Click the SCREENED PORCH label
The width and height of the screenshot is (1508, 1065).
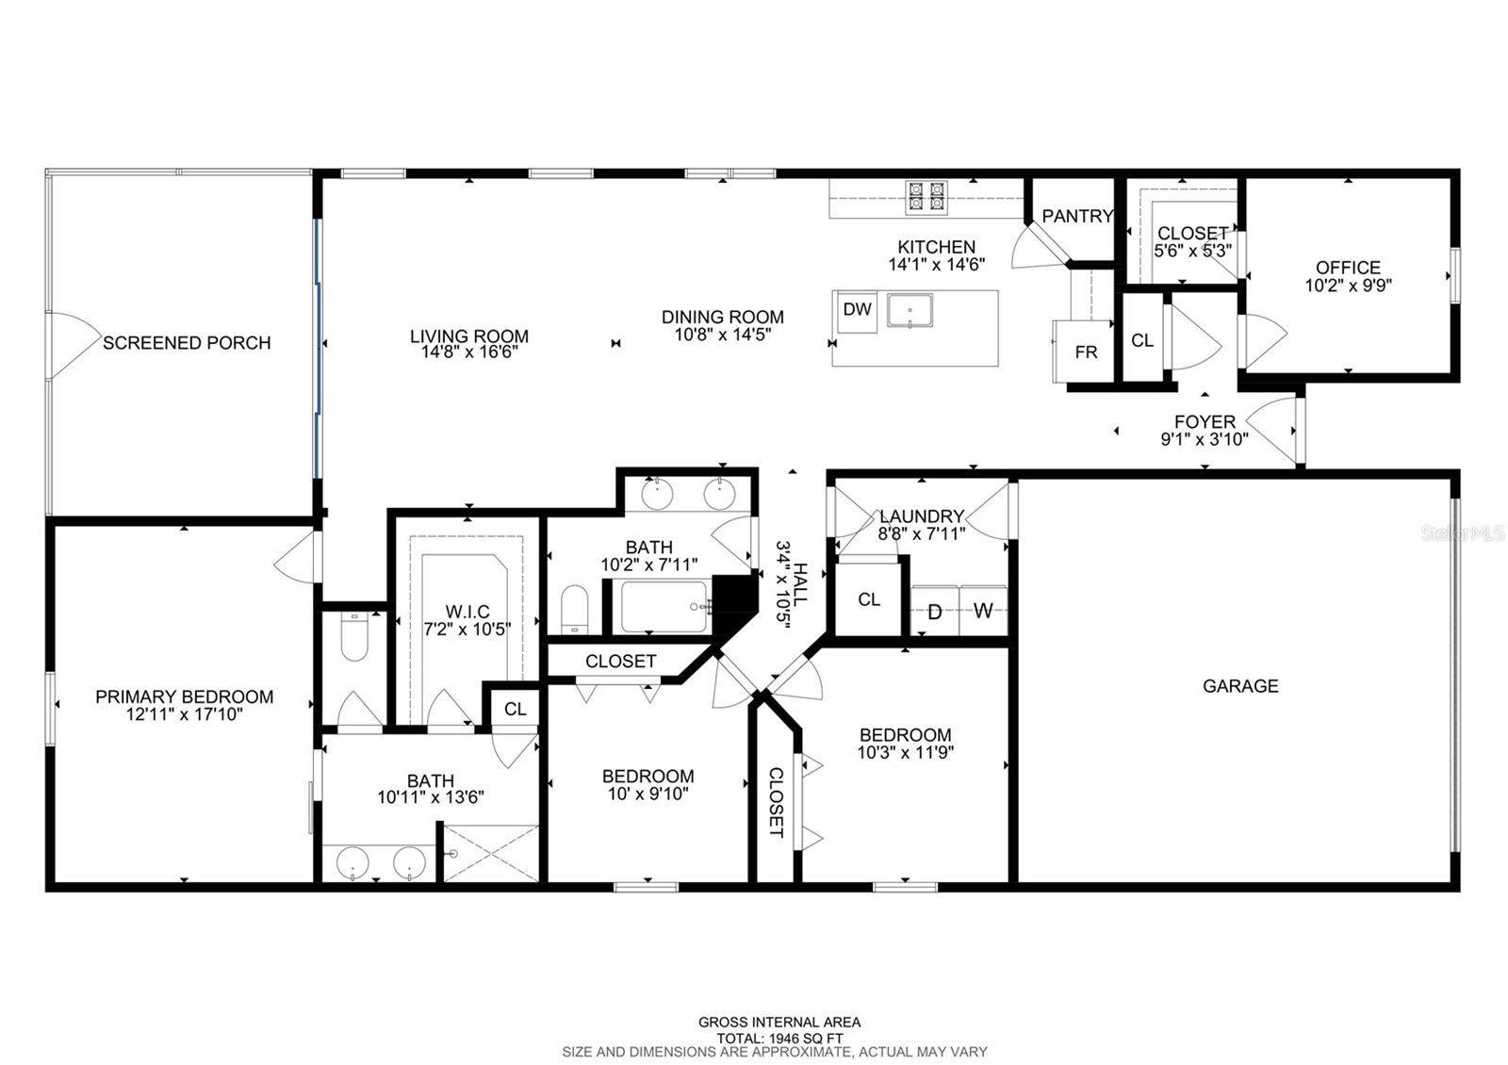(187, 343)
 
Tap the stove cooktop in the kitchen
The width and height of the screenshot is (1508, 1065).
(926, 197)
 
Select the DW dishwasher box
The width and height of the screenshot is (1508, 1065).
(857, 312)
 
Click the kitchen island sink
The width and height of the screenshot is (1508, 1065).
(910, 310)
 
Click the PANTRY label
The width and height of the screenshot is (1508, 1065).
(1077, 216)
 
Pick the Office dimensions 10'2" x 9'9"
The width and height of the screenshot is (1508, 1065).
(1349, 286)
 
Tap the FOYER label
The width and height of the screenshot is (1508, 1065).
(1205, 422)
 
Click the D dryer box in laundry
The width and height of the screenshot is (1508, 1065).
(934, 611)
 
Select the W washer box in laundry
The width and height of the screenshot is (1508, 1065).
(983, 611)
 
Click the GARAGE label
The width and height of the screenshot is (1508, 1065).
(1240, 686)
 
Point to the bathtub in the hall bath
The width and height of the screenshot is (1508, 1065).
(664, 607)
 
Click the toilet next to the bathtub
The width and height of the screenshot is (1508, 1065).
(574, 610)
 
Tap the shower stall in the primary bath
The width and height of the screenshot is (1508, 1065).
(491, 853)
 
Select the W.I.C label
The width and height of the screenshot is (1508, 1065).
(467, 612)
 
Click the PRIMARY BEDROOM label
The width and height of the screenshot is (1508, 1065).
(185, 696)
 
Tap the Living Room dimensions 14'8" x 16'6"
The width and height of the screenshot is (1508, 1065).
(469, 352)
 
